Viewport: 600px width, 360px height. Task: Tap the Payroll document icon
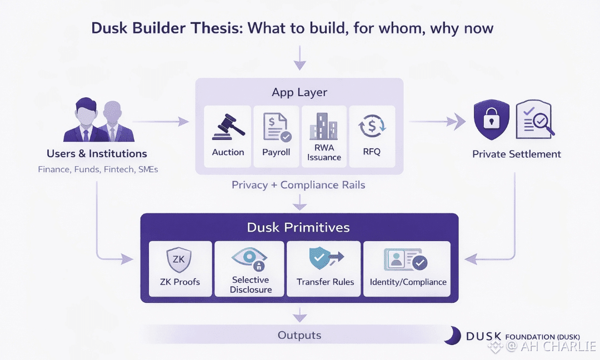[x=276, y=127]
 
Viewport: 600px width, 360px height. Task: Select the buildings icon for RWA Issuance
[x=324, y=127]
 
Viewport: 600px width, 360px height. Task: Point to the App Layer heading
[x=299, y=92]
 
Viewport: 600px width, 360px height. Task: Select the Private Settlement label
[x=517, y=154]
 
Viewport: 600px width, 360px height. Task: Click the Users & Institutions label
[x=97, y=154]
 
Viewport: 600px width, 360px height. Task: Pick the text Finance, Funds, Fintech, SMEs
[x=98, y=169]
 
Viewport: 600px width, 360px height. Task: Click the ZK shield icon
[x=179, y=259]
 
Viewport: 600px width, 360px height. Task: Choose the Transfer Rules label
[x=325, y=282]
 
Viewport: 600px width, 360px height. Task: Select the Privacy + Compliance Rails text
[x=298, y=185]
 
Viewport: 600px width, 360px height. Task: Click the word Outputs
[x=299, y=335]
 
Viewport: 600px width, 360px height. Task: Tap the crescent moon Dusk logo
[x=452, y=336]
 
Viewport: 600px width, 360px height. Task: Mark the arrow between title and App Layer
[x=300, y=58]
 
